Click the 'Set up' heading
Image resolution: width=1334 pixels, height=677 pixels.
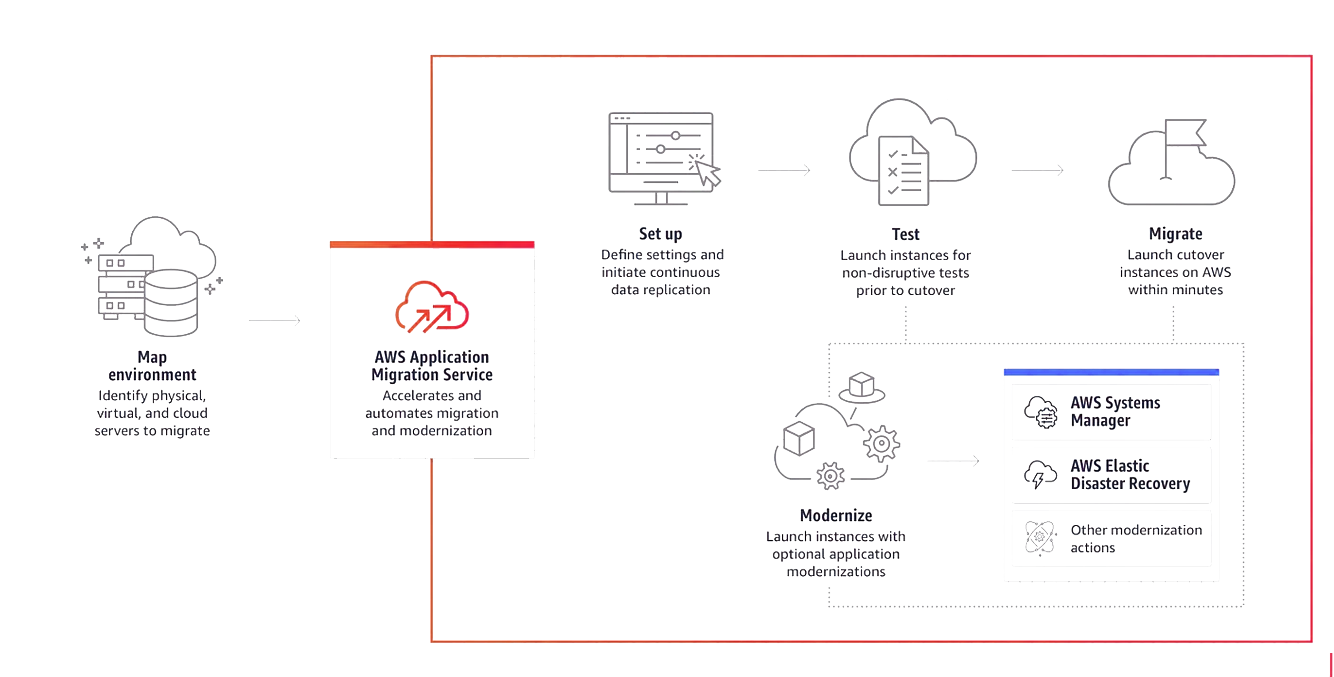point(660,234)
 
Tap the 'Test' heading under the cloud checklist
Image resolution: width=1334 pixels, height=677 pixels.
point(905,234)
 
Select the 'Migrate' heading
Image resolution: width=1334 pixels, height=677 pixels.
point(1176,234)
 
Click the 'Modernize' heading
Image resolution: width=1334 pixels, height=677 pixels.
point(836,515)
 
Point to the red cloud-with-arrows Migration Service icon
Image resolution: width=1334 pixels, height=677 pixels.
point(432,308)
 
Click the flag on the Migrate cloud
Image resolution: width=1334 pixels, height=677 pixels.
point(1185,133)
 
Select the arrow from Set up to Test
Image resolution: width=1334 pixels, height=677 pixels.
point(784,170)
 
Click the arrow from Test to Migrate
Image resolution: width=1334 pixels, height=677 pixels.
point(1037,170)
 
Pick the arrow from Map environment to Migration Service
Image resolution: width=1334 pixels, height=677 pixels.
point(274,321)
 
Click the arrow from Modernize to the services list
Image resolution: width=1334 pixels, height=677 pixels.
point(954,461)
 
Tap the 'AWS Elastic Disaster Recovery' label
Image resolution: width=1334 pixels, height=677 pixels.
point(1130,474)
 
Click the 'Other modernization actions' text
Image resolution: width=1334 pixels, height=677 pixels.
point(1136,538)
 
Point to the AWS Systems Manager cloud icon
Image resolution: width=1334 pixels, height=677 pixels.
point(1041,412)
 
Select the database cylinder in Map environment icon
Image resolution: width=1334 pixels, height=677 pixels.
point(170,303)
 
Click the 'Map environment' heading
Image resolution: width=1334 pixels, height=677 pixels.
point(152,366)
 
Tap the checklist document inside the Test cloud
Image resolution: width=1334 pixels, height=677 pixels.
point(904,171)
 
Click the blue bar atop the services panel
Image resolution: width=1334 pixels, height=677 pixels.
point(1111,372)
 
